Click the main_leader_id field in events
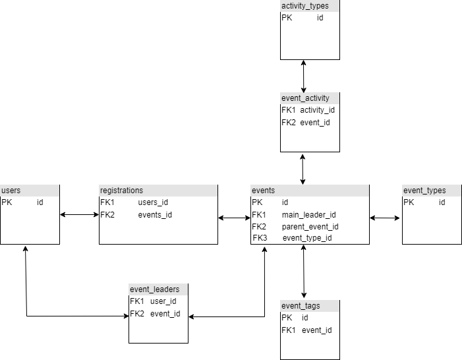click(309, 214)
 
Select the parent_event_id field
click(310, 226)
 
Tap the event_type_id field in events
click(306, 238)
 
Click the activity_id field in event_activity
click(318, 110)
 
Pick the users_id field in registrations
click(153, 202)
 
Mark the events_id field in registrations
click(155, 214)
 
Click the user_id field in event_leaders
click(163, 301)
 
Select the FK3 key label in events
click(259, 238)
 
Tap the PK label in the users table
click(7, 202)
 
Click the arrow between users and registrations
click(79, 214)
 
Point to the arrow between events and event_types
click(386, 218)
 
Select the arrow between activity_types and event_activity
click(303, 76)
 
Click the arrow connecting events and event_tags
click(304, 272)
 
